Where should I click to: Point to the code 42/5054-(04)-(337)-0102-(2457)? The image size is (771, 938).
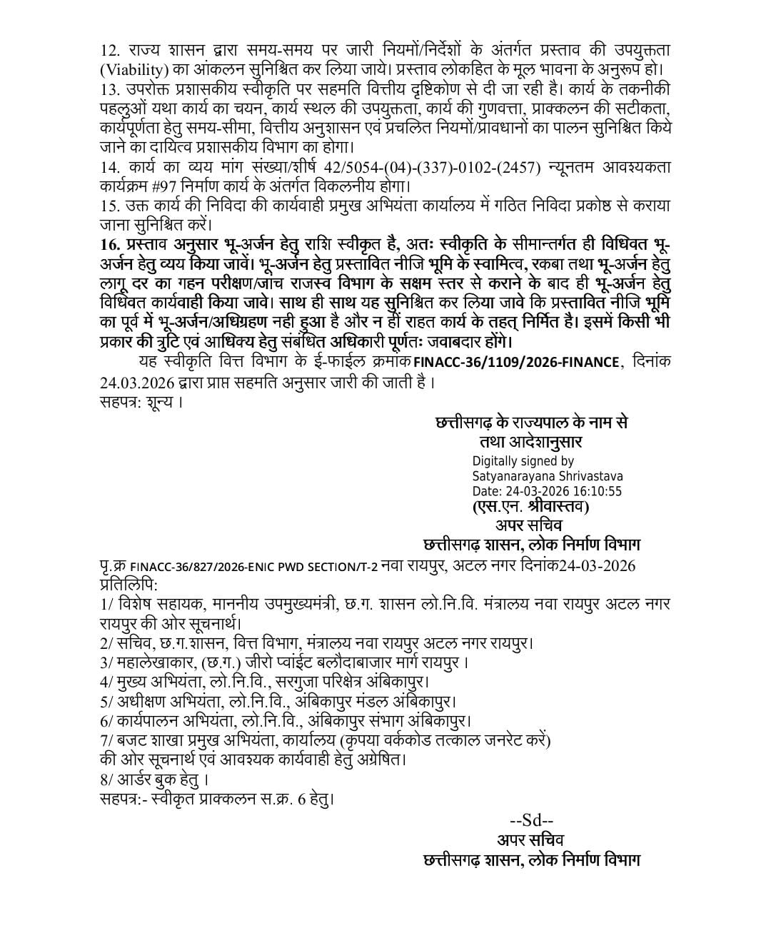pyautogui.click(x=424, y=167)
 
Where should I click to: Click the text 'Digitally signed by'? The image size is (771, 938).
pyautogui.click(x=523, y=461)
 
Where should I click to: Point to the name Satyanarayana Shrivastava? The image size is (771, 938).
pyautogui.click(x=548, y=476)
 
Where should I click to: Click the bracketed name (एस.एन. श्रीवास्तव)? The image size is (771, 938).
pyautogui.click(x=530, y=508)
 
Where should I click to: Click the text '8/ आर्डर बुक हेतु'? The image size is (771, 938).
pyautogui.click(x=155, y=779)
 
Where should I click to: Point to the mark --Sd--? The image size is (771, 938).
pyautogui.click(x=531, y=820)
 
